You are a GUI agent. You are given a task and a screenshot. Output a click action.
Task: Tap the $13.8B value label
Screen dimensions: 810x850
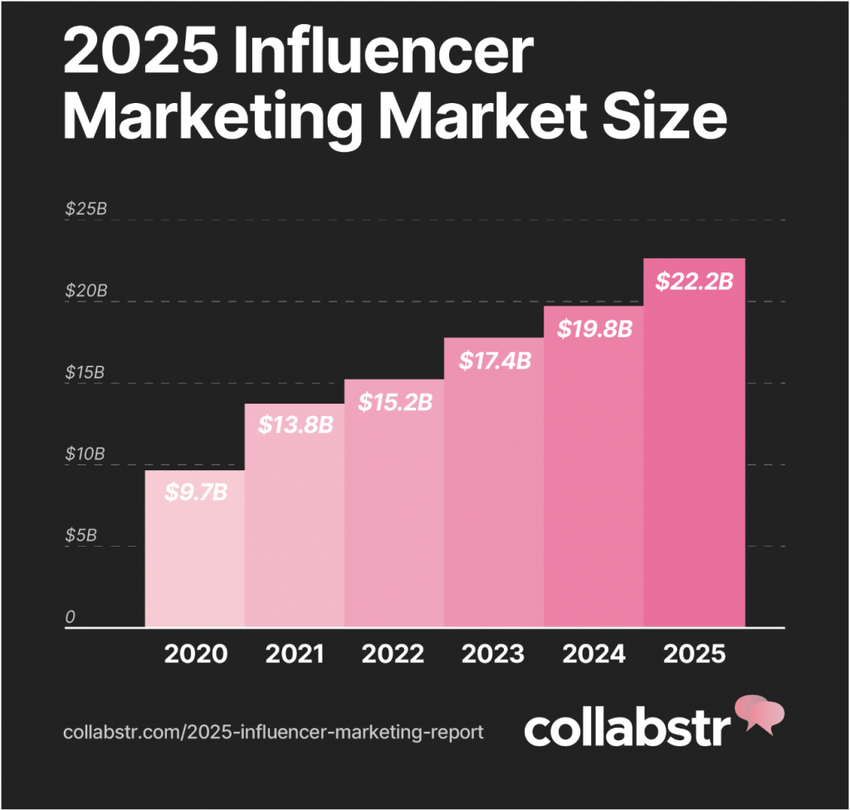tap(296, 425)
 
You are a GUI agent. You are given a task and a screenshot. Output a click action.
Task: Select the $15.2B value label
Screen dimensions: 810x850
tap(395, 401)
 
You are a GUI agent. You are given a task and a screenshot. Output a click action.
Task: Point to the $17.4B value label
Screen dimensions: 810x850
tap(494, 361)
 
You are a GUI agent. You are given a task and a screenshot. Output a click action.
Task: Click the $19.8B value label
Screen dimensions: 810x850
tap(594, 329)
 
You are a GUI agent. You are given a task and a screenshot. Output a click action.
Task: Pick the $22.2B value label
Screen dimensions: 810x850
tap(694, 282)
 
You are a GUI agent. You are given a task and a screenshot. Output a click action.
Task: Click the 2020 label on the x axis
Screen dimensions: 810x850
tap(195, 654)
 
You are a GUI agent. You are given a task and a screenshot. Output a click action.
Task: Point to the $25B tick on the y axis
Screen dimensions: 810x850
tap(86, 209)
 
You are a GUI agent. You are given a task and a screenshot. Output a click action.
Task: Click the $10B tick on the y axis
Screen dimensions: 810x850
tap(86, 454)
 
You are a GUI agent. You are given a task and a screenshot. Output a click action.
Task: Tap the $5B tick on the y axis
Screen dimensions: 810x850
tap(81, 536)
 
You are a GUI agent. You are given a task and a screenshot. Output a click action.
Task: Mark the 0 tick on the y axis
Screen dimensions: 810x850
tap(71, 617)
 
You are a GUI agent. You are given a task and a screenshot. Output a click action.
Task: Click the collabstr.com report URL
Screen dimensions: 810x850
tap(273, 733)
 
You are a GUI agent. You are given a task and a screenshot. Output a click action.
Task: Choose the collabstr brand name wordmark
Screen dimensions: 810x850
tap(628, 728)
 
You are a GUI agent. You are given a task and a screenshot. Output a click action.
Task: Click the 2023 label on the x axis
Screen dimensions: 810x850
tap(495, 654)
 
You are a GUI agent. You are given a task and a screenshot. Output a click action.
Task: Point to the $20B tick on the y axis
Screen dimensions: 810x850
tap(86, 291)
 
